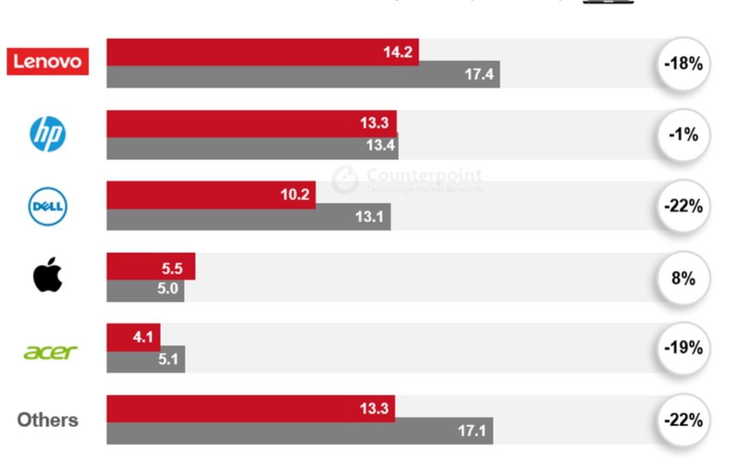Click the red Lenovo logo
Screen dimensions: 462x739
47,62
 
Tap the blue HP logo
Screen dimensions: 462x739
47,133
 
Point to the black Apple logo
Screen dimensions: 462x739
47,277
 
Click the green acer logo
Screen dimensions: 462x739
50,351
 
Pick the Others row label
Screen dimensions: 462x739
47,420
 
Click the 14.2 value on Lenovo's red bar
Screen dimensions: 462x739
398,52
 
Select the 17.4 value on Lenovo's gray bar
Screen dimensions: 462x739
479,75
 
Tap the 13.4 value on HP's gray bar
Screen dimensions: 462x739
380,146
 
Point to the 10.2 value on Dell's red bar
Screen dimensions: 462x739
295,194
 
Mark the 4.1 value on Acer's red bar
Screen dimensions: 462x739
143,337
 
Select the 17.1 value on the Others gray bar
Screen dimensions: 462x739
472,431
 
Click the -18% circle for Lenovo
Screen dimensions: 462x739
683,64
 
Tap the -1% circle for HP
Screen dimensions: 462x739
683,135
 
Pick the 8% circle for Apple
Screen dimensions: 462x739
683,278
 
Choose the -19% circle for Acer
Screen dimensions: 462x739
683,348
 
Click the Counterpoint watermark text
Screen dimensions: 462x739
424,176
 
